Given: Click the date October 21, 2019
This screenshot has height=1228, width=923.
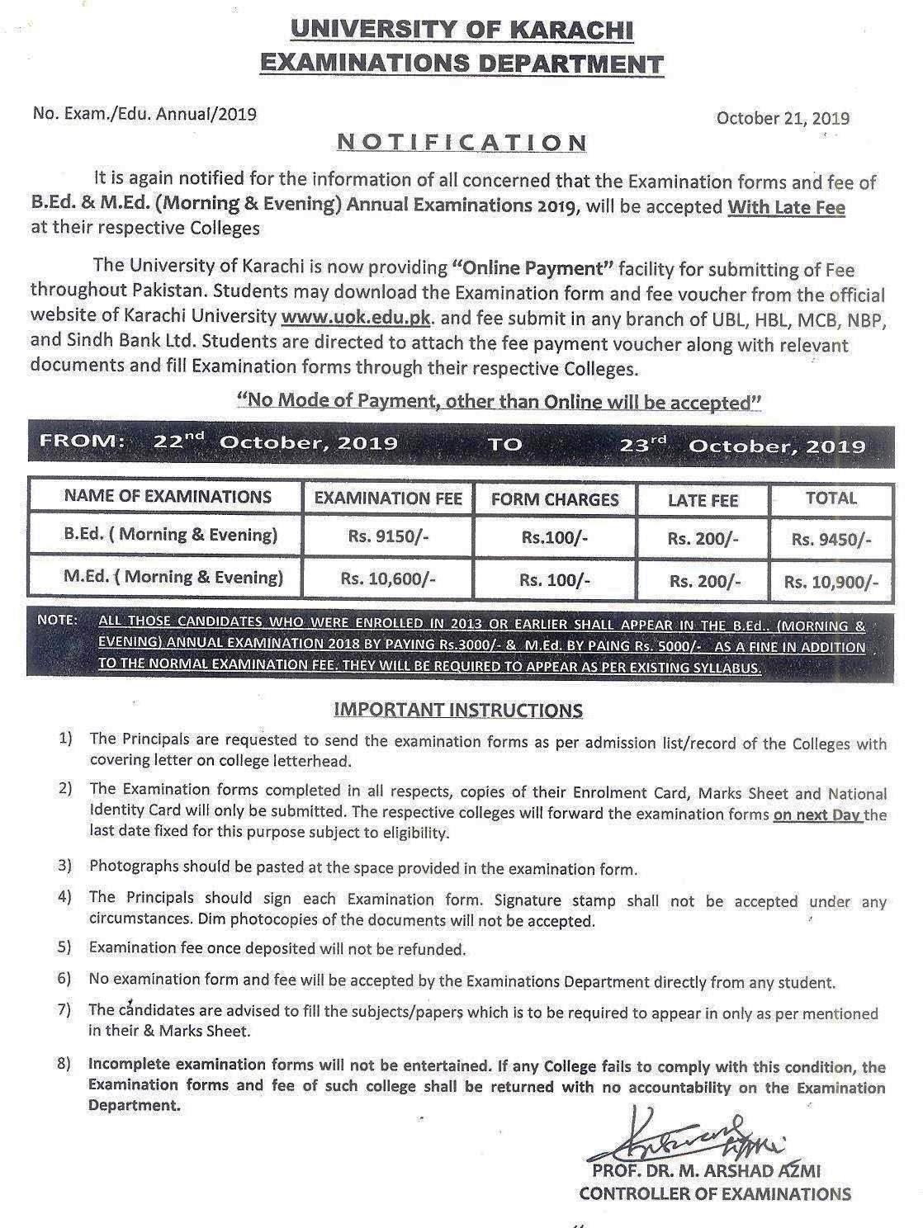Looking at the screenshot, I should (x=783, y=118).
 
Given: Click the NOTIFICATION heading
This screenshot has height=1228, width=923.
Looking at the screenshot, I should (x=461, y=142).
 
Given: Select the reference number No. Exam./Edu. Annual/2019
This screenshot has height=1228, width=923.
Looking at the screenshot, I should (x=144, y=114).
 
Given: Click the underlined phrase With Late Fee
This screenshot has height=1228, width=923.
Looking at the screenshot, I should (x=786, y=207).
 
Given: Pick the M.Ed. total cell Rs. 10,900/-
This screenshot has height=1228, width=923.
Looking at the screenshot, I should (x=831, y=582).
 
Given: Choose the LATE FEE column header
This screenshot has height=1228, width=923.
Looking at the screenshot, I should (x=703, y=500).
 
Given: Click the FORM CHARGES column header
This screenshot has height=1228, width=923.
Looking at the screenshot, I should (x=555, y=499).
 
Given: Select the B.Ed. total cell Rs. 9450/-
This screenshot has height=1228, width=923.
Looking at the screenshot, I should (x=831, y=539).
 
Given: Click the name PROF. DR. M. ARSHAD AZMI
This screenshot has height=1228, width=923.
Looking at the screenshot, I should (x=706, y=1171).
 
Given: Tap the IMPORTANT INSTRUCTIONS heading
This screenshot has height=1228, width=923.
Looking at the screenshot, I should (x=458, y=710).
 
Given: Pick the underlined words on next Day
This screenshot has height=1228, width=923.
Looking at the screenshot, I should (x=817, y=815).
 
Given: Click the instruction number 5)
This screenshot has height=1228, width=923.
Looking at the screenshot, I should (x=65, y=948).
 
